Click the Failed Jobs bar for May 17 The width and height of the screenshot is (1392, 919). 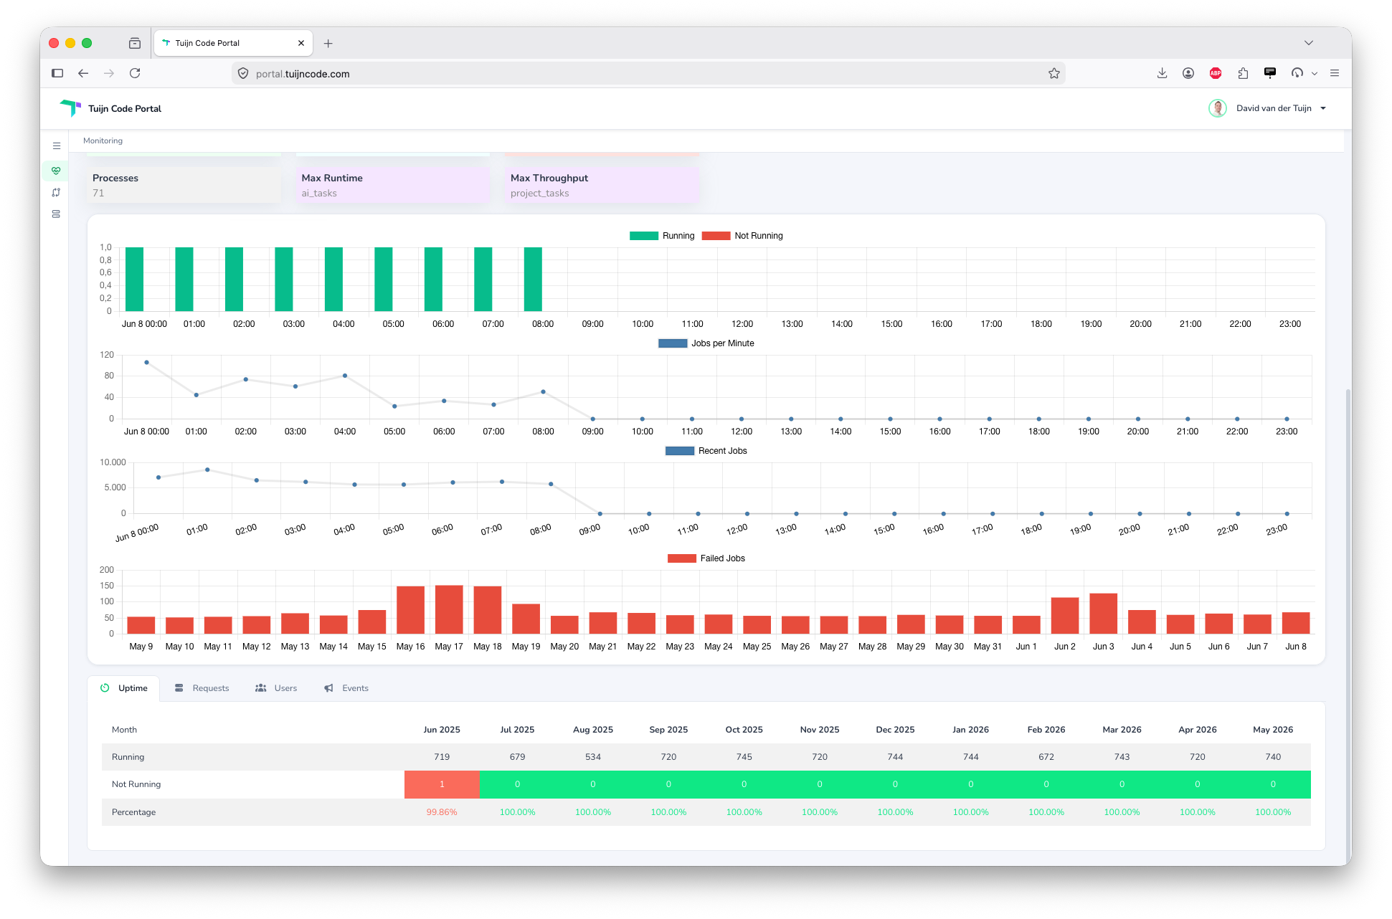click(x=449, y=609)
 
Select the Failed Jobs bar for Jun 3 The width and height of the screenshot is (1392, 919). click(x=1103, y=614)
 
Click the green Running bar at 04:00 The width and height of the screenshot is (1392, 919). click(x=333, y=279)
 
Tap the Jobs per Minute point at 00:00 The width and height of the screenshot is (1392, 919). click(x=146, y=363)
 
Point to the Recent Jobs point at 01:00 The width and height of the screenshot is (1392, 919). click(x=207, y=470)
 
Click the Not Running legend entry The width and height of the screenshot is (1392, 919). click(x=742, y=236)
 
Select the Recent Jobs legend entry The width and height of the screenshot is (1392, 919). click(x=706, y=451)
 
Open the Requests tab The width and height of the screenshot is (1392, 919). click(x=202, y=688)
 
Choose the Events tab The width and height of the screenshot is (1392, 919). click(x=346, y=688)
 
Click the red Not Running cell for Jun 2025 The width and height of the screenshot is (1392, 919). click(x=442, y=784)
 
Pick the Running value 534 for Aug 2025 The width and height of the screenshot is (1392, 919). click(x=593, y=757)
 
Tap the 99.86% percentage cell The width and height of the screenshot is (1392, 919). click(x=442, y=812)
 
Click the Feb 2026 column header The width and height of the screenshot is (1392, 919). click(x=1046, y=730)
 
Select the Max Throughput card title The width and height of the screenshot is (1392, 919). click(x=549, y=178)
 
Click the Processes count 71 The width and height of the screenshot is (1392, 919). click(x=98, y=194)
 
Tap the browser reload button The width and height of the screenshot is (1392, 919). click(x=135, y=73)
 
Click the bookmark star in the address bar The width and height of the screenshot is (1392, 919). click(x=1054, y=73)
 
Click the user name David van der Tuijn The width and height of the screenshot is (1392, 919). click(x=1274, y=108)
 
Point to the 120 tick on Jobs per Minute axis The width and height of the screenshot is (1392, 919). click(x=107, y=355)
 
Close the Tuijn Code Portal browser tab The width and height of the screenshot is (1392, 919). click(x=301, y=43)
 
